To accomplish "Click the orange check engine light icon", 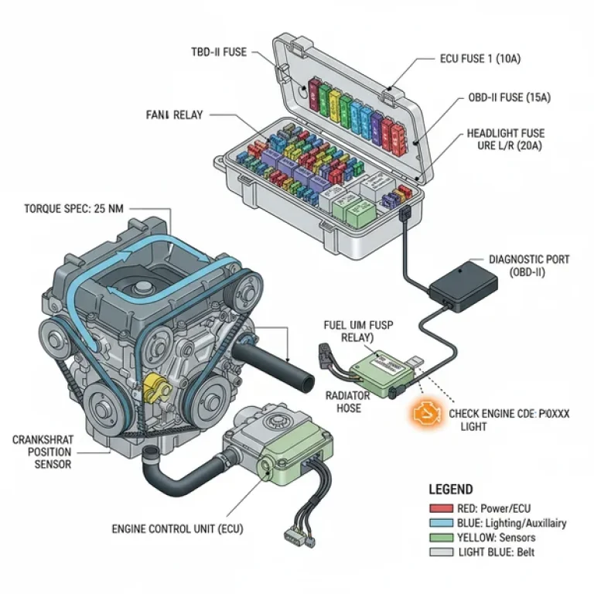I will tap(425, 415).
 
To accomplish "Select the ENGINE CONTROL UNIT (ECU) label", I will tap(178, 529).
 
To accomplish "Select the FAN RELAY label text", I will tap(174, 115).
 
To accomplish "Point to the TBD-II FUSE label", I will tap(219, 52).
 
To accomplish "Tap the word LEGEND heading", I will tap(451, 490).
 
